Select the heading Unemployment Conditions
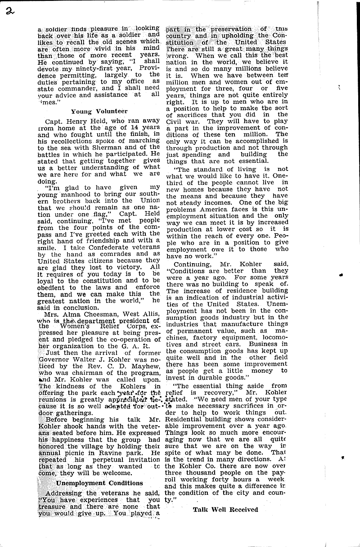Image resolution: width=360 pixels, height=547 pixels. coord(99,483)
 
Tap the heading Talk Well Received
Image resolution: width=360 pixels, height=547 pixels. coord(225,509)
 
